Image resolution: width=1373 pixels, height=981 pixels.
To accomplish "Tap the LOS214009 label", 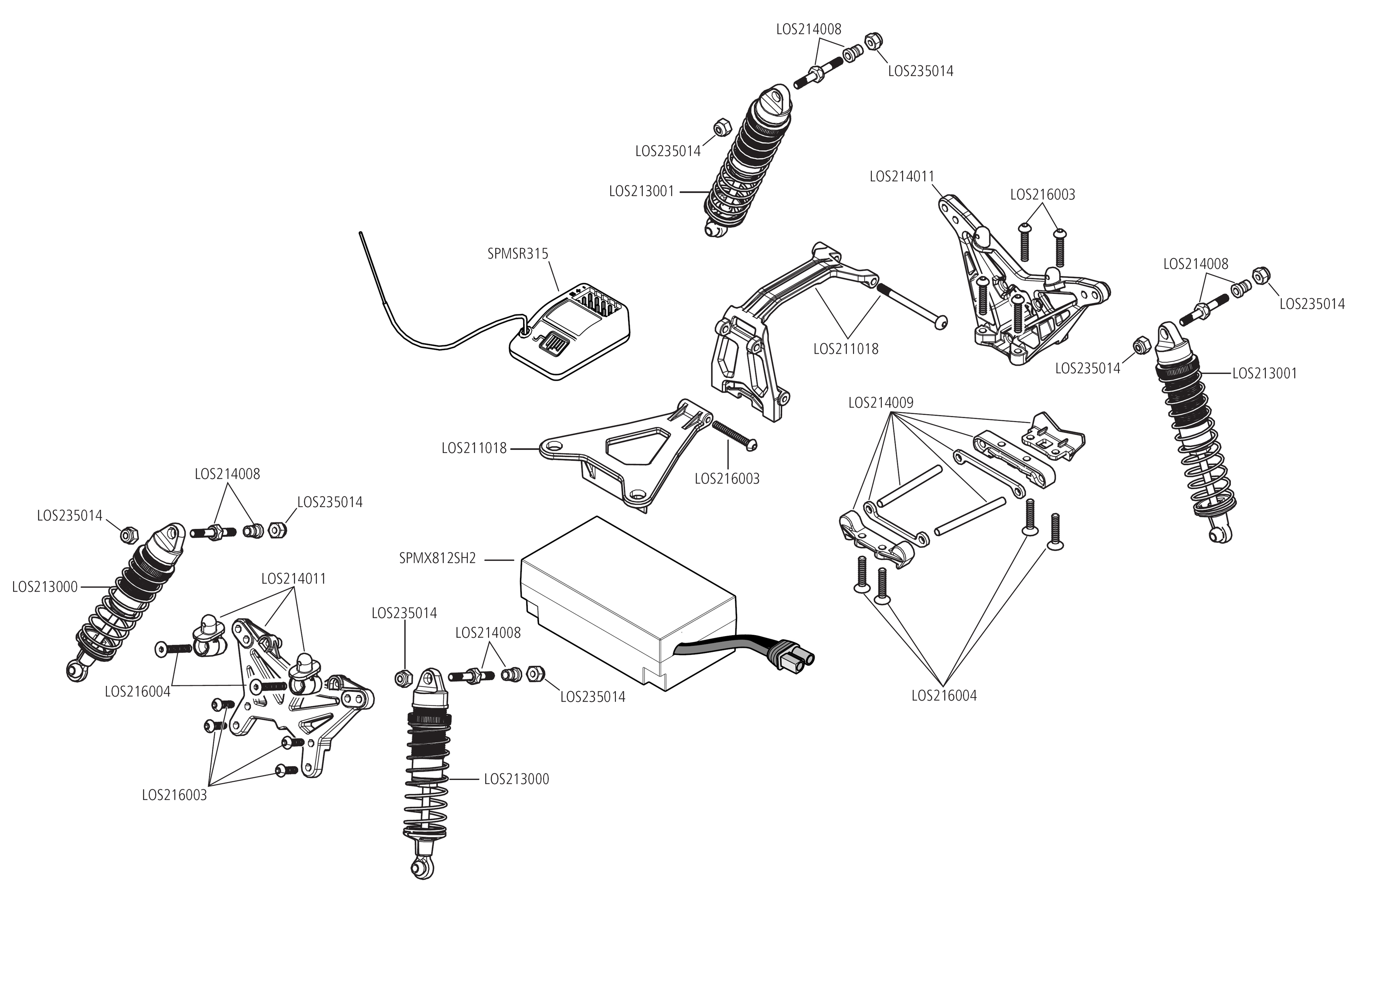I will [880, 403].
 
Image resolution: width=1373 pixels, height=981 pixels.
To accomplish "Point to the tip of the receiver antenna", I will [360, 232].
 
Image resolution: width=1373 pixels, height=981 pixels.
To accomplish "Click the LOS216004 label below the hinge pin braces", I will [944, 696].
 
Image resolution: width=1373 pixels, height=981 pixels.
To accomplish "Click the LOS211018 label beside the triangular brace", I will [473, 449].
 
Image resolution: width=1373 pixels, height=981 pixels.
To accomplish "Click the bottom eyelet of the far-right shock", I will [1221, 535].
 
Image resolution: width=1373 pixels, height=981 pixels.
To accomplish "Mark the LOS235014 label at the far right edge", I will [1312, 304].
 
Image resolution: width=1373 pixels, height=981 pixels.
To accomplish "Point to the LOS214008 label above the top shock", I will [809, 29].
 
